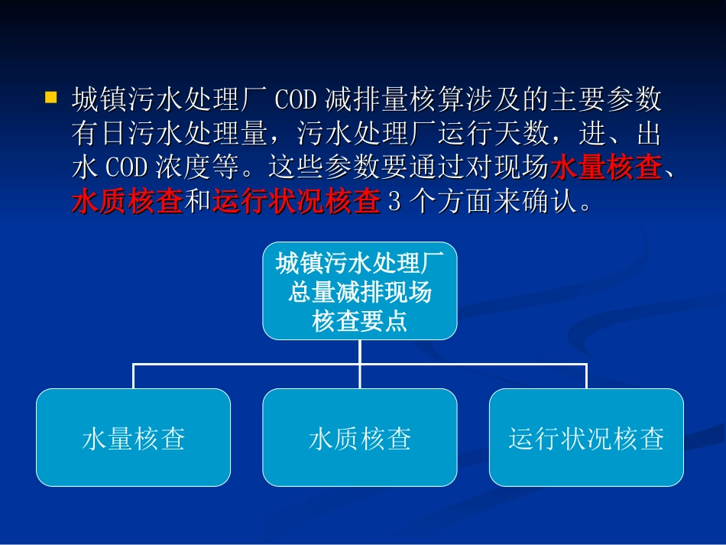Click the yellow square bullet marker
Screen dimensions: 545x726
click(52, 98)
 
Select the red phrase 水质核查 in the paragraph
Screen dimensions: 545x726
click(127, 203)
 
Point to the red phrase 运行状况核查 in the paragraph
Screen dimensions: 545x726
click(296, 203)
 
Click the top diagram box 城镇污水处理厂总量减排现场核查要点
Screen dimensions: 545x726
click(360, 292)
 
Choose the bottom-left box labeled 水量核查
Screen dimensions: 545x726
click(133, 438)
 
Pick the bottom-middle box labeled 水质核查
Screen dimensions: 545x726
click(360, 438)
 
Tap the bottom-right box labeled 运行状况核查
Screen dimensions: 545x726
click(586, 438)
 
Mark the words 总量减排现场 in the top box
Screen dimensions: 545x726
click(360, 293)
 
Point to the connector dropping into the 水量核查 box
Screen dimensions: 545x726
click(134, 377)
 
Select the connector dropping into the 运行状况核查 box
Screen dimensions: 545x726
click(586, 377)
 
